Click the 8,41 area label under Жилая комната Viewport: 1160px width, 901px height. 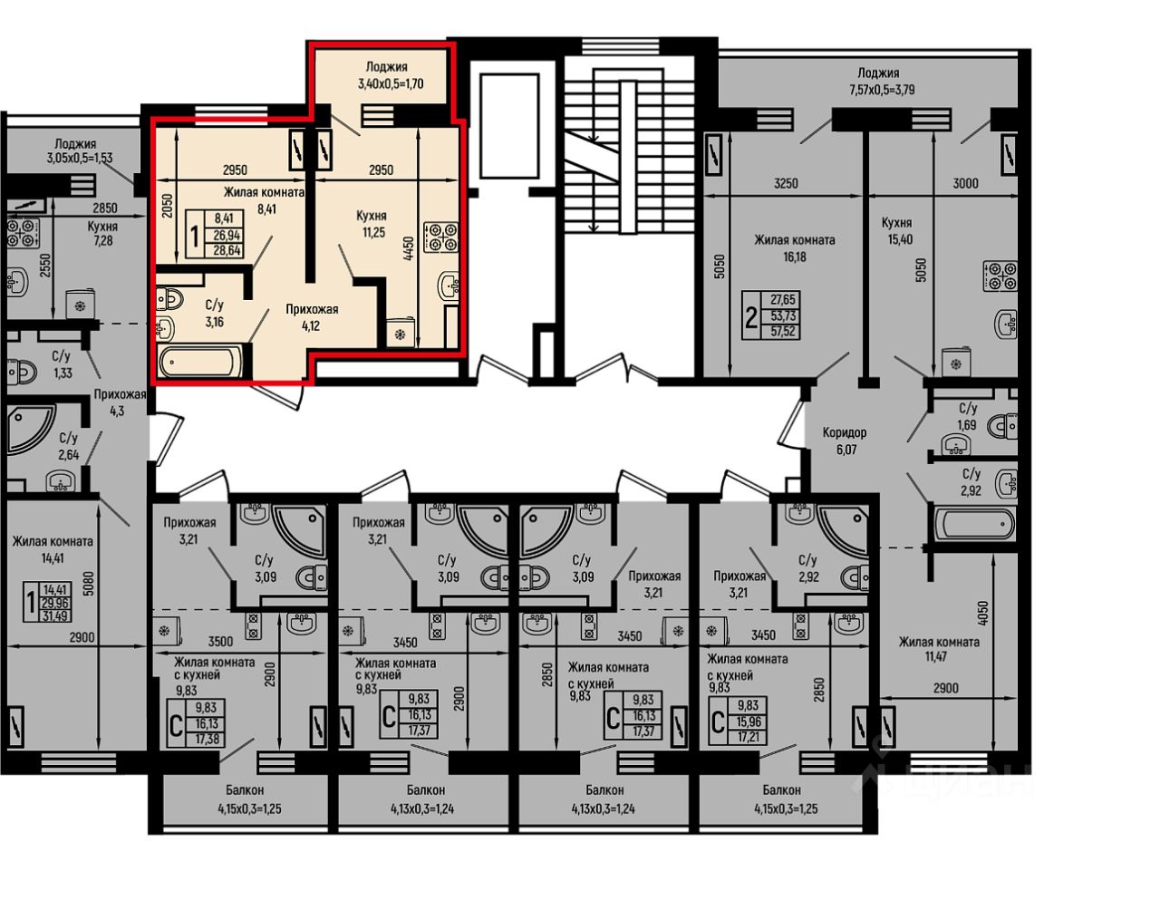266,208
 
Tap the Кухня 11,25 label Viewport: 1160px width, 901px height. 372,224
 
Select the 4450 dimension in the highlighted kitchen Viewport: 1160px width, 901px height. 409,248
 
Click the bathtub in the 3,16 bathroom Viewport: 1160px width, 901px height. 200,362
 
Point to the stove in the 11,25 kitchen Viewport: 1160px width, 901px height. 441,237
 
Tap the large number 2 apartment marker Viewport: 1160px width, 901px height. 751,319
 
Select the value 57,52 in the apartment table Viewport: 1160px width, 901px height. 783,331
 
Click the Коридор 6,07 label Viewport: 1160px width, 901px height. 845,441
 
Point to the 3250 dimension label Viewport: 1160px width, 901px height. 786,184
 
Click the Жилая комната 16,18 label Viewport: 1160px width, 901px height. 795,248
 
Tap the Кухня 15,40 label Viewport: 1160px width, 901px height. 899,230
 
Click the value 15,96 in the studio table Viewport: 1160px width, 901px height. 748,722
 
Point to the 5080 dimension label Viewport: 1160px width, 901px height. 89,584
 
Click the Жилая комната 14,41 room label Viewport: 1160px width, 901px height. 53,550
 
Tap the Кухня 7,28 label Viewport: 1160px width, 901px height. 102,233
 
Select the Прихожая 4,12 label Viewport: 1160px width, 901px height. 312,317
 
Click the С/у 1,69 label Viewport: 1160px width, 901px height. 967,416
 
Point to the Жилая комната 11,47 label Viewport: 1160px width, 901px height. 939,648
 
